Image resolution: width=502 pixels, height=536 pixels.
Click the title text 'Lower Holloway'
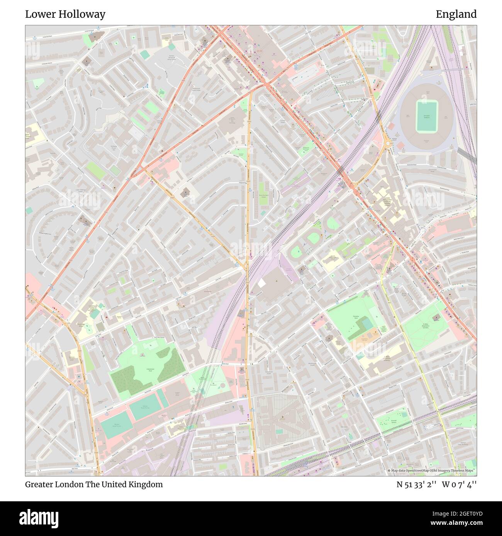[65, 14]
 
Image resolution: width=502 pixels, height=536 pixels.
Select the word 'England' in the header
[456, 14]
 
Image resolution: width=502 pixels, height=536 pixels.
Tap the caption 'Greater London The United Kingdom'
[94, 484]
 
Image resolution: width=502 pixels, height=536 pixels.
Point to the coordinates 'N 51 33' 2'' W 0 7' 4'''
[436, 484]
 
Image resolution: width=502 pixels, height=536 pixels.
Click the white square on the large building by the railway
[261, 283]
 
